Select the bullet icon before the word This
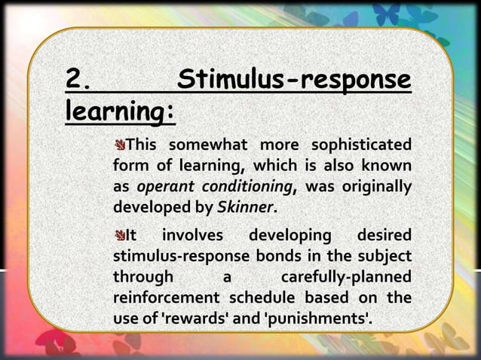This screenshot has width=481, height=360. click(119, 145)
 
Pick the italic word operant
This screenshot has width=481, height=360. click(163, 185)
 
